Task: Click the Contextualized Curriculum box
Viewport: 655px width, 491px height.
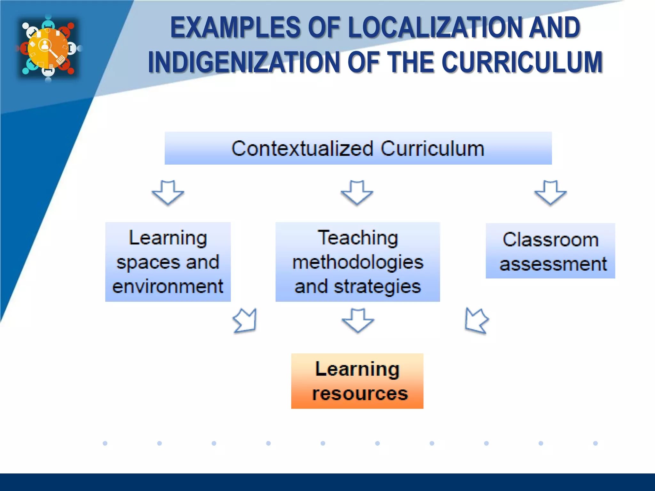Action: click(x=358, y=148)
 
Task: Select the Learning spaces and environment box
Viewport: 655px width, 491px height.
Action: click(x=168, y=262)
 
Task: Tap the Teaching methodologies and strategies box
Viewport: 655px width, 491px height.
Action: click(x=358, y=262)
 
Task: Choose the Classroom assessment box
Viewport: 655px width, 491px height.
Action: click(x=550, y=251)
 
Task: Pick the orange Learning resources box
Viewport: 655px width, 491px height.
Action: click(x=357, y=381)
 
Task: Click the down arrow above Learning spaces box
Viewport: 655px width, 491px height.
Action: click(x=168, y=192)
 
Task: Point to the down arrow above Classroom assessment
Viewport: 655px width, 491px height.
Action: click(x=550, y=192)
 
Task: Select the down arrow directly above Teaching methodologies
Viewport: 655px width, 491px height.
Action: click(x=357, y=192)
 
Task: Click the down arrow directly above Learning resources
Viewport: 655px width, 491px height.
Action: click(x=358, y=320)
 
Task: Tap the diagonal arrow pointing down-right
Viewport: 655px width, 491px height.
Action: click(x=246, y=321)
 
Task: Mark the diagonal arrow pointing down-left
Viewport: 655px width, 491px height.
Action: click(x=476, y=321)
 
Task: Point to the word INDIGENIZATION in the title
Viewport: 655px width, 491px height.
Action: click(x=244, y=62)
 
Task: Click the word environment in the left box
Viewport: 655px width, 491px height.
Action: click(x=168, y=286)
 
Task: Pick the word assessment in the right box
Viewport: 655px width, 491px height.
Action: click(x=553, y=264)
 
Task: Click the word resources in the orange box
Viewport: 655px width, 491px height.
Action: click(x=360, y=394)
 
